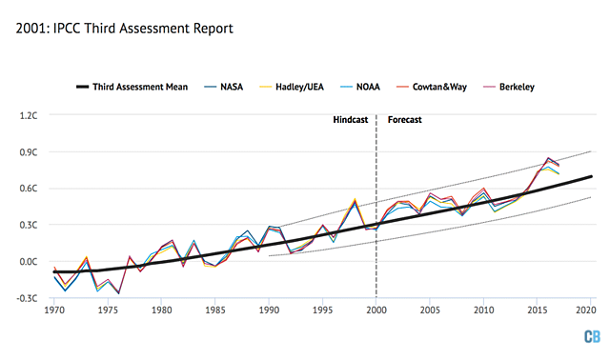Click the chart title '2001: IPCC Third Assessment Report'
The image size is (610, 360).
[x=125, y=29]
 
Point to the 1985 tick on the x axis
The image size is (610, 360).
[x=215, y=310]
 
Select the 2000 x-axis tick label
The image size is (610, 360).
[x=376, y=310]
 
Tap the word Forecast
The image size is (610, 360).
[x=404, y=121]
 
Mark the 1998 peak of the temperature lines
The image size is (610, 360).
[x=356, y=201]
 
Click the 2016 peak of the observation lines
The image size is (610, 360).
[x=549, y=158]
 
